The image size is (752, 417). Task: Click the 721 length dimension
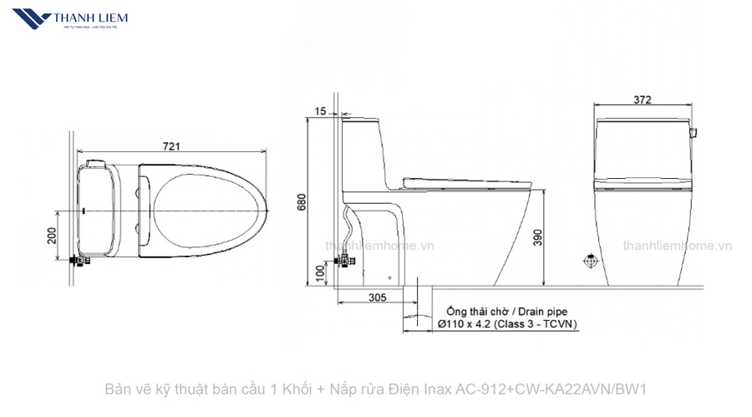(x=170, y=146)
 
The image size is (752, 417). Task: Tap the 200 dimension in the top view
(x=52, y=236)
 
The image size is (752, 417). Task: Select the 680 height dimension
(x=302, y=203)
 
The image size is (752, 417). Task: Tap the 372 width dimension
(x=642, y=100)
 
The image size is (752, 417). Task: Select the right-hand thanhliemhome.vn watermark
(x=677, y=246)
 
